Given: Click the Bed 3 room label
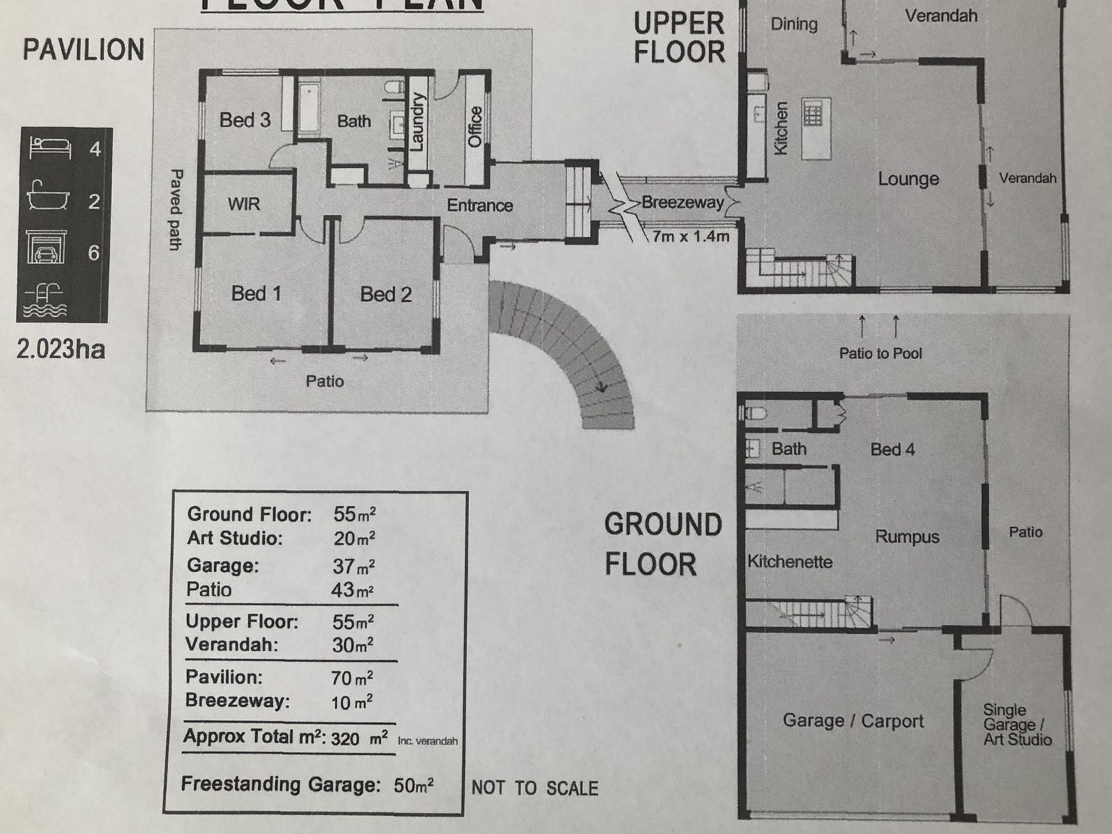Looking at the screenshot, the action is [x=245, y=120].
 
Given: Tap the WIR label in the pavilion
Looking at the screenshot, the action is [x=243, y=204].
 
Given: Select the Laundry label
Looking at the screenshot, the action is [x=417, y=122].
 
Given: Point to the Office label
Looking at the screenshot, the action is [x=475, y=126].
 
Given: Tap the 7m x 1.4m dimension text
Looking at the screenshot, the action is [x=691, y=236].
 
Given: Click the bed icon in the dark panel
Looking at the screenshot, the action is [x=50, y=148].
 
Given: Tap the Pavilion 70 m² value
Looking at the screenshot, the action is [x=352, y=678].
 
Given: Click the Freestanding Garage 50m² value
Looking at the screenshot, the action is [x=414, y=786].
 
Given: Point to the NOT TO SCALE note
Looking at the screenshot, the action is [x=534, y=788].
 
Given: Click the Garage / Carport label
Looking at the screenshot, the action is [x=853, y=721].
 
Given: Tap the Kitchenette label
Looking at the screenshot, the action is [x=790, y=562].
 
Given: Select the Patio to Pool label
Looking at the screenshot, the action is [x=880, y=353].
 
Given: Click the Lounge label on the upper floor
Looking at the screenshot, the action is [x=908, y=179].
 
